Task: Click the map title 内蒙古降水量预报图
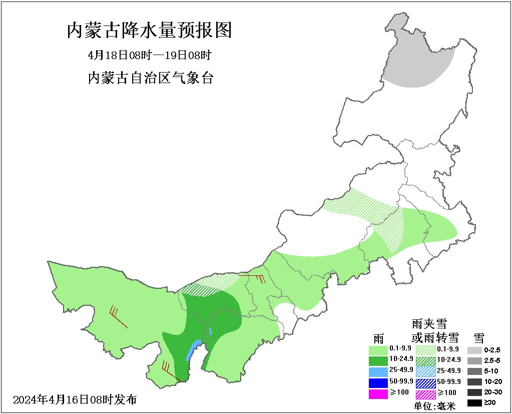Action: [x=149, y=31]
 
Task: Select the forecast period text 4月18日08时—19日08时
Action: [x=150, y=55]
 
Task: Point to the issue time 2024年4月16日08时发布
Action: [x=75, y=399]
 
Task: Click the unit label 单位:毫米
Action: [x=434, y=406]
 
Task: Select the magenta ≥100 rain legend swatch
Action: [x=378, y=393]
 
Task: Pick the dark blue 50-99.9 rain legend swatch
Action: [x=378, y=382]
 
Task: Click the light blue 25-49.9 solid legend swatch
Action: [x=378, y=371]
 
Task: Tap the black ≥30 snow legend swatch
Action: [x=474, y=403]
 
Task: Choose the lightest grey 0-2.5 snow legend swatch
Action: [x=474, y=350]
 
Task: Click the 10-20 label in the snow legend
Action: [x=492, y=381]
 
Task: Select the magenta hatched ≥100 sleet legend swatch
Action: [x=426, y=394]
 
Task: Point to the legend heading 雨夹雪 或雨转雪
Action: [x=429, y=330]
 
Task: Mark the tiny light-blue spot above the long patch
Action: [x=211, y=331]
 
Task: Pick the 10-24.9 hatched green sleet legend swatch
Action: [x=426, y=360]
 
